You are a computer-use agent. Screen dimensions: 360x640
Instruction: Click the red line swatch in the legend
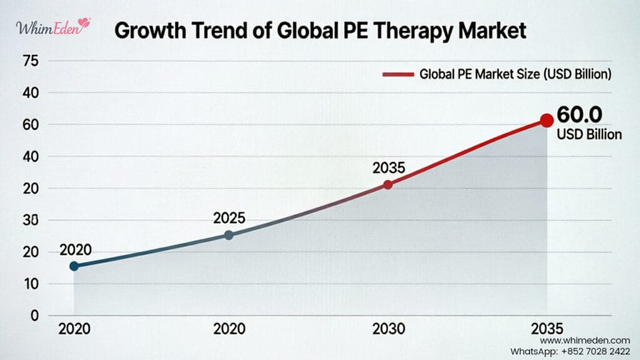[x=397, y=74]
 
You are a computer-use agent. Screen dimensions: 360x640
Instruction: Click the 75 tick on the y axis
[x=30, y=61]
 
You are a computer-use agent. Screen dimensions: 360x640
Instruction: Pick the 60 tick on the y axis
[x=30, y=125]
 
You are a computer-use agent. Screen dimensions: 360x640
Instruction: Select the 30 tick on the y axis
[x=30, y=220]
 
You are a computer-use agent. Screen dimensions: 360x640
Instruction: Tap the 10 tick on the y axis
[x=30, y=284]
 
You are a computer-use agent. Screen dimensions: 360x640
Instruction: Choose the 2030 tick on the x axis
[x=389, y=329]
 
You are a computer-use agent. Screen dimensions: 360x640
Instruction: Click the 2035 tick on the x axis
[x=547, y=329]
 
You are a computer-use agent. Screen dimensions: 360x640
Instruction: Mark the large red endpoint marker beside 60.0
[x=547, y=120]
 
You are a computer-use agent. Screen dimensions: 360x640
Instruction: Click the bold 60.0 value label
[x=579, y=115]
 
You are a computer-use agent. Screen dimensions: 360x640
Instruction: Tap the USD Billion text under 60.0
[x=589, y=134]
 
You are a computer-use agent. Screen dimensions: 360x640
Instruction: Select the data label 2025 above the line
[x=229, y=219]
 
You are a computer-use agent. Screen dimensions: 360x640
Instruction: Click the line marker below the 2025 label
[x=229, y=235]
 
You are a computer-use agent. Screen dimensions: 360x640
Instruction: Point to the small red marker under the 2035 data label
[x=388, y=184]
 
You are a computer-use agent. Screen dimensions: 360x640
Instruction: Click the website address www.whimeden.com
[x=584, y=340]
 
